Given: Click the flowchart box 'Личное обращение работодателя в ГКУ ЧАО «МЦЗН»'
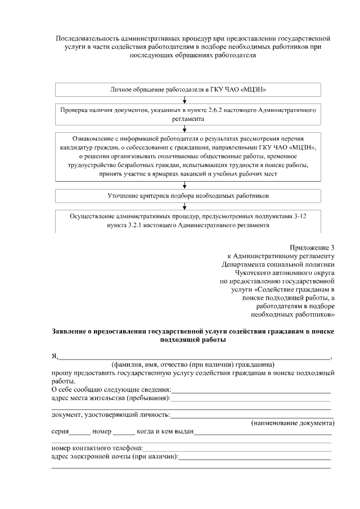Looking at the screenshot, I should point(188,89).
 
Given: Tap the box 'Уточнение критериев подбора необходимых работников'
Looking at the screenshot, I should point(188,196).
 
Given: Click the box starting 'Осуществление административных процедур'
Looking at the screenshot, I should point(188,220).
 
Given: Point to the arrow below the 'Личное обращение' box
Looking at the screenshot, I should point(184,100).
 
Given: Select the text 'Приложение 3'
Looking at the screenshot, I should point(312,247).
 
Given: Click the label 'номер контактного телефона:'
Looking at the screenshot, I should point(97,448).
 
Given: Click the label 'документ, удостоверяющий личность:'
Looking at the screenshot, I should point(110,415).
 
